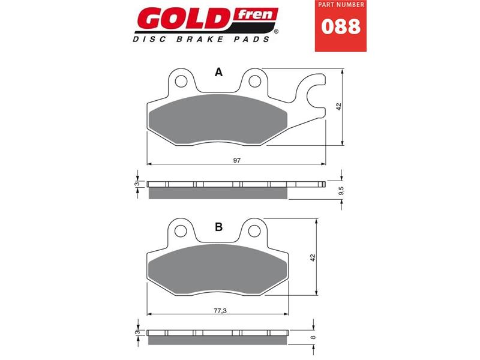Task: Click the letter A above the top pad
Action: pos(219,72)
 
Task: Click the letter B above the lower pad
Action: pos(219,226)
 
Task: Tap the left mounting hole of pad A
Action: pos(179,80)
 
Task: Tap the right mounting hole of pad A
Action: pos(254,80)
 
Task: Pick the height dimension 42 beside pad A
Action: pos(338,106)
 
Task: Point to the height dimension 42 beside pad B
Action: pos(313,257)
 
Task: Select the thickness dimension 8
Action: pos(313,338)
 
